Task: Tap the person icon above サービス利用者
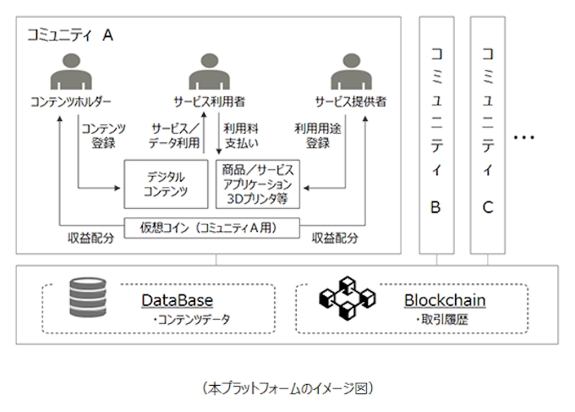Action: click(211, 74)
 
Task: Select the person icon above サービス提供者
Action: click(350, 74)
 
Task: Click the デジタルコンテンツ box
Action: click(166, 184)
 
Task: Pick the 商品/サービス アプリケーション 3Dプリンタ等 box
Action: click(257, 183)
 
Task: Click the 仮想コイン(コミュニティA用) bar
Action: click(211, 228)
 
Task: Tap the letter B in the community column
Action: click(435, 206)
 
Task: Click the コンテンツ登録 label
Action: click(102, 135)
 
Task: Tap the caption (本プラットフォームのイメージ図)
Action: click(287, 388)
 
